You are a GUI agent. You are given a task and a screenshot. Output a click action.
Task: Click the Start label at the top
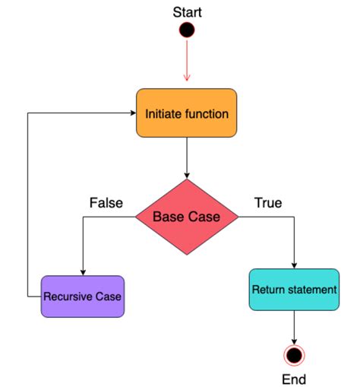pyautogui.click(x=187, y=11)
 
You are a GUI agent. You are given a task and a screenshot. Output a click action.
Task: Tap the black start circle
pyautogui.click(x=187, y=30)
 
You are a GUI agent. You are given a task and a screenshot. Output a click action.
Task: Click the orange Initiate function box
pyautogui.click(x=187, y=113)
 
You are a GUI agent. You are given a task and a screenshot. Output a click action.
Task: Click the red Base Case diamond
pyautogui.click(x=187, y=217)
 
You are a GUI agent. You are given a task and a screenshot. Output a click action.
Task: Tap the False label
pyautogui.click(x=106, y=203)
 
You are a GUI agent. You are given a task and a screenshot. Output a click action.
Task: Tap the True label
pyautogui.click(x=267, y=203)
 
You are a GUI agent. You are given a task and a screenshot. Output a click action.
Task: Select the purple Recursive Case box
pyautogui.click(x=82, y=296)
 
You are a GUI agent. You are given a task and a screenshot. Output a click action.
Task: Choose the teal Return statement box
pyautogui.click(x=293, y=289)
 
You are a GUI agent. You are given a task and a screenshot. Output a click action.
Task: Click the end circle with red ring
pyautogui.click(x=293, y=355)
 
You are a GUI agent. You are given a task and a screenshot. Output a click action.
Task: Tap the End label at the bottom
pyautogui.click(x=293, y=378)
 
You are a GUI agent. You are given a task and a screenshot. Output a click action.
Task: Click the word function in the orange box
pyautogui.click(x=206, y=114)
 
